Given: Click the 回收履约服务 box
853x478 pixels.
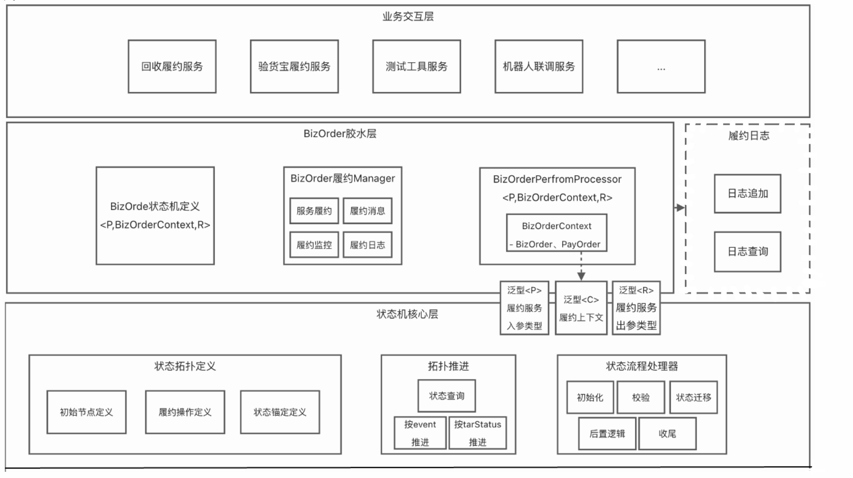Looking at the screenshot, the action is click(x=172, y=66).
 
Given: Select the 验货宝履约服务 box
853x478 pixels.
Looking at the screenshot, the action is click(x=294, y=66).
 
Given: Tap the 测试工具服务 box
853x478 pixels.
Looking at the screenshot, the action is click(x=417, y=66).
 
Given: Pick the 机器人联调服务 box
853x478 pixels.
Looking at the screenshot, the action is click(x=539, y=66).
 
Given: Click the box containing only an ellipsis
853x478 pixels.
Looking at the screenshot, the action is click(x=661, y=66).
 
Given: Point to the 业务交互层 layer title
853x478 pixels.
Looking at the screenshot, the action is click(x=408, y=16).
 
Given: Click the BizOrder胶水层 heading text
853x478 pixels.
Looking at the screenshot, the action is click(x=340, y=133).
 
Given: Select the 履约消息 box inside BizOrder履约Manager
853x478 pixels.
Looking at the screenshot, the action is click(x=368, y=211).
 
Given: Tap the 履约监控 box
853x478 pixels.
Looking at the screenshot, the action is click(x=314, y=245).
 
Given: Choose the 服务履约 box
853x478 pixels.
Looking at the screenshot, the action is click(x=314, y=211).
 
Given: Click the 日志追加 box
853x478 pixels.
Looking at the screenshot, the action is click(x=748, y=193).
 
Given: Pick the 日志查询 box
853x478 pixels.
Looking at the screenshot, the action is click(x=748, y=252).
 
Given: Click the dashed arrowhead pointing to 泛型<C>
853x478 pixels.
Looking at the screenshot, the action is click(x=581, y=276).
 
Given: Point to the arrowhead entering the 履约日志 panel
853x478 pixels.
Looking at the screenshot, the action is click(x=680, y=208).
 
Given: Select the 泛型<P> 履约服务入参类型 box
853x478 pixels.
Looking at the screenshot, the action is click(x=525, y=308).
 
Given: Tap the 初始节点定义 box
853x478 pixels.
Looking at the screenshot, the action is click(x=86, y=412).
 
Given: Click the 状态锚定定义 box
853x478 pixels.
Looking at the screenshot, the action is click(x=280, y=412).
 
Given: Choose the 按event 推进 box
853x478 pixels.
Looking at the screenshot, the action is click(x=420, y=433).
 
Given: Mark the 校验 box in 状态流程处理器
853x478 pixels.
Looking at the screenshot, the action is click(x=641, y=397).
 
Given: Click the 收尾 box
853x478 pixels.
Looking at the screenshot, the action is click(x=667, y=434).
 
